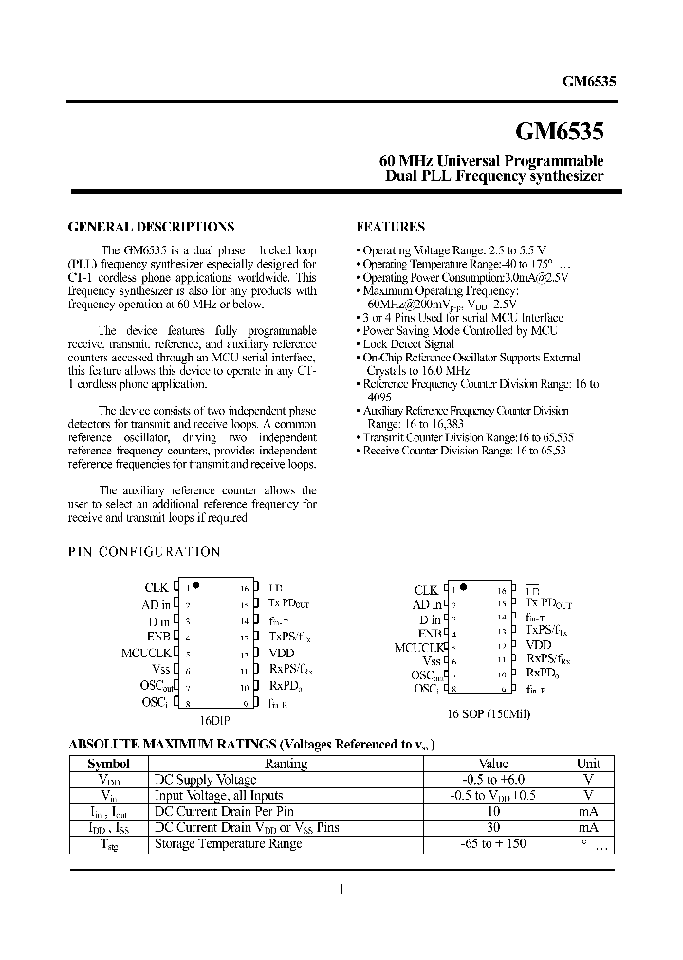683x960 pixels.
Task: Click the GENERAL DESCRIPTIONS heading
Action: pos(152,228)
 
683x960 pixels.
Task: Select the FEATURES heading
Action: pos(390,228)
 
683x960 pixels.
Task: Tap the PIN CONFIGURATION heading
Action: pos(145,551)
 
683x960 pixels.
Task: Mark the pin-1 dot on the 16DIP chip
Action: pos(195,585)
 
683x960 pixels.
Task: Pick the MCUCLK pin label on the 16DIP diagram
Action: pos(145,653)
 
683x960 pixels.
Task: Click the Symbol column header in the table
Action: pos(108,764)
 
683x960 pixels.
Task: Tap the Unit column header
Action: pos(588,764)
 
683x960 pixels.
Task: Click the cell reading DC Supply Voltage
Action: pos(205,779)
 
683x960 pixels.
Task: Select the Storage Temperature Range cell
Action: pos(228,843)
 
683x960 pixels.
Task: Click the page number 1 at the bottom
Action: pos(341,889)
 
